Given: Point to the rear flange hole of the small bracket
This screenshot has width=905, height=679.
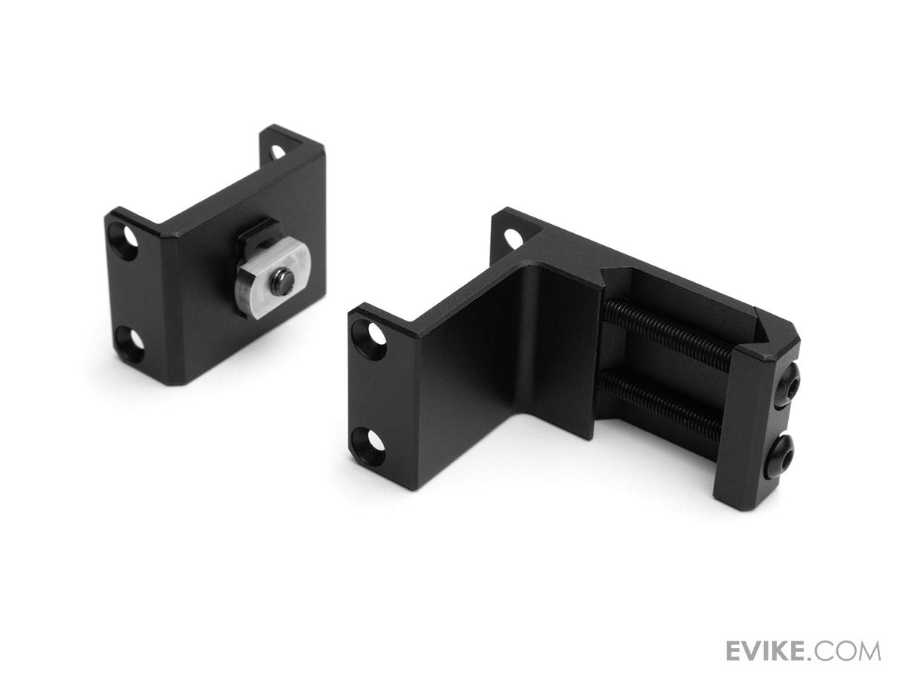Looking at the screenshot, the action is pos(277,152).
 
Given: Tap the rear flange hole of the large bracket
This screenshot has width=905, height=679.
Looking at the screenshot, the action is pos(511,238).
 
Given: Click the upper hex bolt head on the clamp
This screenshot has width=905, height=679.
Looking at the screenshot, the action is pos(787,376).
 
